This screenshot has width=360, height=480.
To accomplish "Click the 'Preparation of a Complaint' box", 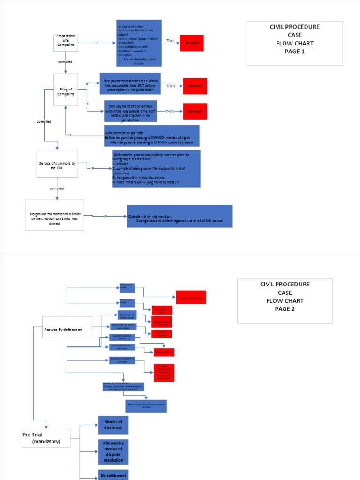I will click(x=66, y=43).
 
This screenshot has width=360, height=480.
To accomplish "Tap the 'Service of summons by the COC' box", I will click(x=57, y=164).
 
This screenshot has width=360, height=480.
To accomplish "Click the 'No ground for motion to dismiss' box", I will click(x=55, y=215).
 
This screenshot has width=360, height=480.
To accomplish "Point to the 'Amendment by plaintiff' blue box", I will click(x=151, y=135).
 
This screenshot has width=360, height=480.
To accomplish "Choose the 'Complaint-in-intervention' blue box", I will click(x=180, y=217).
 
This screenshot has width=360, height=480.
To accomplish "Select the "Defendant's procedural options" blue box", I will click(x=156, y=169).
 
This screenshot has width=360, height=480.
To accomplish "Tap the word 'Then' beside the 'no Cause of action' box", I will click(x=171, y=41).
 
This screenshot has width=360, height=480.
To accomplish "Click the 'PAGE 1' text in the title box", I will click(x=294, y=52).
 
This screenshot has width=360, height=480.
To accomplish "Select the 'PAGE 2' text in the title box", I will click(x=285, y=309).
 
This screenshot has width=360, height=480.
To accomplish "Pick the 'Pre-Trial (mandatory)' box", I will click(x=46, y=438).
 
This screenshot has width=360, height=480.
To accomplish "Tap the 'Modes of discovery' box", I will click(x=113, y=425).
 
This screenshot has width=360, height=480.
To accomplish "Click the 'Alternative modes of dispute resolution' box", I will click(x=113, y=451).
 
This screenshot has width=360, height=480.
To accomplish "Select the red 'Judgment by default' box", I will click(x=191, y=297).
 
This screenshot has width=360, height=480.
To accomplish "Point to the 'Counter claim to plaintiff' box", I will click(x=123, y=337).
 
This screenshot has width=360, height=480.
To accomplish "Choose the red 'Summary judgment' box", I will click(x=161, y=334).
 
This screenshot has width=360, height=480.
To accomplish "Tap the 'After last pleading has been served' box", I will click(x=146, y=406).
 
